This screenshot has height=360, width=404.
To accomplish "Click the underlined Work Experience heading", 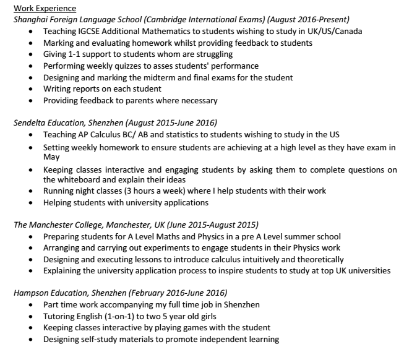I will pos(45,8).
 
